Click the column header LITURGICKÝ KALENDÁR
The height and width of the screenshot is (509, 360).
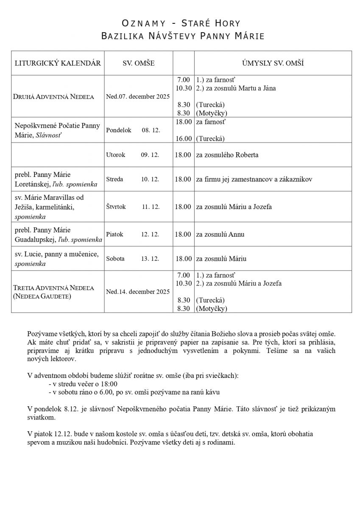pos(58,63)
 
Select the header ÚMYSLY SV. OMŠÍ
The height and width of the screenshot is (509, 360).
pos(273,63)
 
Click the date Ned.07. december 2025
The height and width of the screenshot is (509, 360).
pos(138,96)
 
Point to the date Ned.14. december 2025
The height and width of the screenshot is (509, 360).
pos(138,291)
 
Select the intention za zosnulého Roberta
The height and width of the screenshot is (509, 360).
pos(227,155)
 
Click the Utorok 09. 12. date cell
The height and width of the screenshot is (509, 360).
pos(132,155)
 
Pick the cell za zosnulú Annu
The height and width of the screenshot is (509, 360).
pos(220,234)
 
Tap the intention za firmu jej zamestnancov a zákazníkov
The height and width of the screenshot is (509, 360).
pos(254,179)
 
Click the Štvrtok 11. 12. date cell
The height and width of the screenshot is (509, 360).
pos(133,207)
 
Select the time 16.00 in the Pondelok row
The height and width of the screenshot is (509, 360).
pos(183,138)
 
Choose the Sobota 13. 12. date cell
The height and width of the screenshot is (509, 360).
pos(132,259)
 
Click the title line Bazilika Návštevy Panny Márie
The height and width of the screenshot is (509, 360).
pos(183,36)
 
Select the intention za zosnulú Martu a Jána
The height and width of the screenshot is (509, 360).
pos(236,88)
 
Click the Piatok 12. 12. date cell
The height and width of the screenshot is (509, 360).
pos(132,234)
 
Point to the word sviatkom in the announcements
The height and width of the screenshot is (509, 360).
pos(41,417)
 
